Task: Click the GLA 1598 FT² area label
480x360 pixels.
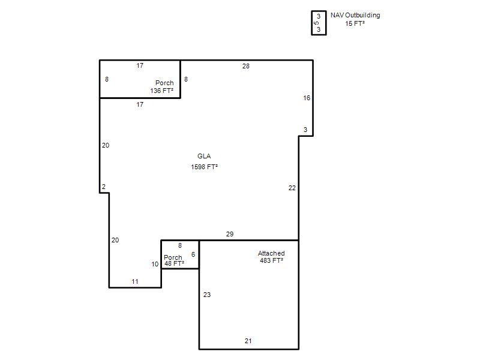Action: point(204,161)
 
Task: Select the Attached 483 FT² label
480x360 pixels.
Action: point(271,257)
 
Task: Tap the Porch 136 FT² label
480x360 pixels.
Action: point(162,86)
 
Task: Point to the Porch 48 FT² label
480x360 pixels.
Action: point(174,260)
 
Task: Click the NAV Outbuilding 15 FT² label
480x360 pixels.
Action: point(355,19)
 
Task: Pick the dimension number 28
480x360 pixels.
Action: point(246,66)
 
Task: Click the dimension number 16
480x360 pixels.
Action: point(307,98)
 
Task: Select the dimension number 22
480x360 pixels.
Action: point(292,188)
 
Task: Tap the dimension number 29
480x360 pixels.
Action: point(230,234)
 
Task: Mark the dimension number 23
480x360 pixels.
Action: point(207,295)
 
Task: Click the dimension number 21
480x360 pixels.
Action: point(248,341)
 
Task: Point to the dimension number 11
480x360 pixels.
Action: point(135,281)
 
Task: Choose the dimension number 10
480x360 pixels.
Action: point(155,264)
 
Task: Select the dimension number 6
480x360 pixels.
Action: point(193,254)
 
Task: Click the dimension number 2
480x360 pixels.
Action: point(104,187)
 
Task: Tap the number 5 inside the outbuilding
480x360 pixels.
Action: point(317,23)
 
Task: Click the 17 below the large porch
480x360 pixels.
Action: point(140,104)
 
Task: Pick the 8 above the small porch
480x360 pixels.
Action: point(180,245)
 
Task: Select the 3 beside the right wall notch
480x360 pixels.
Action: point(305,130)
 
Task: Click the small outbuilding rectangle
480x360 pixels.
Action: point(311,23)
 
